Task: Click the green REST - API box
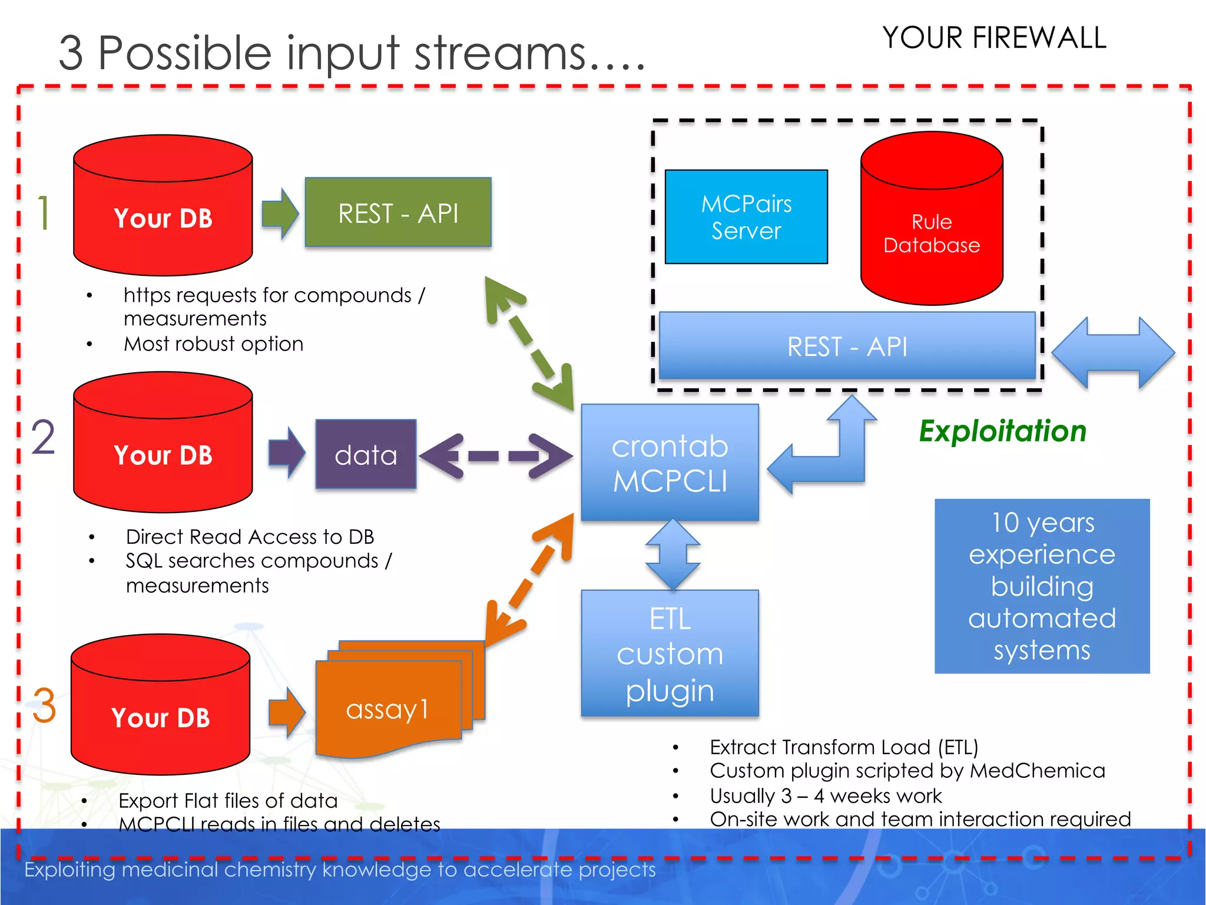(x=398, y=212)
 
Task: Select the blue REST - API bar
(x=847, y=346)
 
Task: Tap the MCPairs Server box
(x=746, y=217)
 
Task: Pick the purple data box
(x=366, y=454)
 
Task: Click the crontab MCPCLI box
(x=670, y=463)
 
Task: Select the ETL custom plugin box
(x=670, y=653)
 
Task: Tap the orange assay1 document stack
(x=389, y=707)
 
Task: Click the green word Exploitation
(x=1002, y=431)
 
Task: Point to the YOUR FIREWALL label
(x=994, y=38)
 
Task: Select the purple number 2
(x=44, y=437)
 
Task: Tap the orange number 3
(x=44, y=705)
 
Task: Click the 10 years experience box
(x=1042, y=586)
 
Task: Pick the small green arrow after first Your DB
(x=280, y=213)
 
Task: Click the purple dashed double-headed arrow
(x=496, y=455)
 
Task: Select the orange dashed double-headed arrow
(x=528, y=580)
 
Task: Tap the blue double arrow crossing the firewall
(x=1113, y=352)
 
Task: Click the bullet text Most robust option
(x=213, y=343)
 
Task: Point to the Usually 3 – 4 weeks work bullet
(x=825, y=795)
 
